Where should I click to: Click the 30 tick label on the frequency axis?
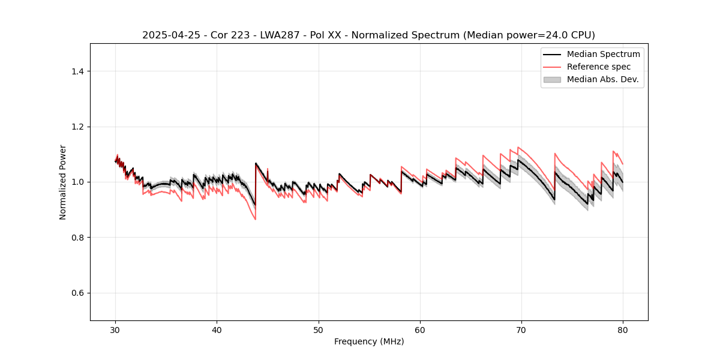pyautogui.click(x=116, y=330)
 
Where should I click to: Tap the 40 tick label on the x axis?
pyautogui.click(x=217, y=330)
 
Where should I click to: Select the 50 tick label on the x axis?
pyautogui.click(x=319, y=330)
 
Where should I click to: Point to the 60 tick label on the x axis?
pyautogui.click(x=420, y=330)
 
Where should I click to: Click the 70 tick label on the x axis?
pyautogui.click(x=521, y=330)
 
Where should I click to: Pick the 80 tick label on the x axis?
pyautogui.click(x=623, y=330)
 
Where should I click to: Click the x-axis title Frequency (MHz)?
pyautogui.click(x=369, y=341)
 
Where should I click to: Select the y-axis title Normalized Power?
pyautogui.click(x=63, y=182)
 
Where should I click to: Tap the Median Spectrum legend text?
pyautogui.click(x=603, y=54)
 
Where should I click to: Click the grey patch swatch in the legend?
pyautogui.click(x=552, y=79)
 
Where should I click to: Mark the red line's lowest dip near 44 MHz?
pyautogui.click(x=255, y=219)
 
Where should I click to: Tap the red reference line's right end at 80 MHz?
pyautogui.click(x=623, y=164)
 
